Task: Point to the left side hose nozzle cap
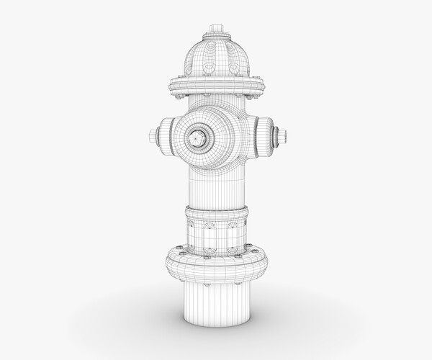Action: pos(165,135)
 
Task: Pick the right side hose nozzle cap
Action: pos(267,135)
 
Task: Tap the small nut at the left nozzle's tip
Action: pos(153,135)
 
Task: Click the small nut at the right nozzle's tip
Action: pos(282,135)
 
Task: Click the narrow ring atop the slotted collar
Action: pos(217,213)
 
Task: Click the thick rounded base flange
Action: pos(217,266)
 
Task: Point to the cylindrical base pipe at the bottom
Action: pos(217,302)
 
